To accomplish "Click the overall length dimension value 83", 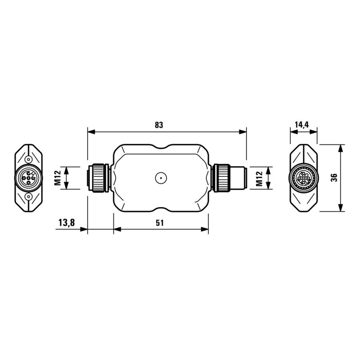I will (158, 126).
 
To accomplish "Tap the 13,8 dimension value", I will (66, 223).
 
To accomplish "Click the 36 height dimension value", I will (333, 178).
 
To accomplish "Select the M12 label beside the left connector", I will (58, 178).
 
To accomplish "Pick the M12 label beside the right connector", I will (259, 178).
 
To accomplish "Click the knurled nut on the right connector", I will (221, 178).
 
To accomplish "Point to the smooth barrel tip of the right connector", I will (238, 178).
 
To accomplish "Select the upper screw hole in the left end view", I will (29, 159).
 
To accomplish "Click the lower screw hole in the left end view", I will (29, 197).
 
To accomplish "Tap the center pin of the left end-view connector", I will (29, 178).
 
